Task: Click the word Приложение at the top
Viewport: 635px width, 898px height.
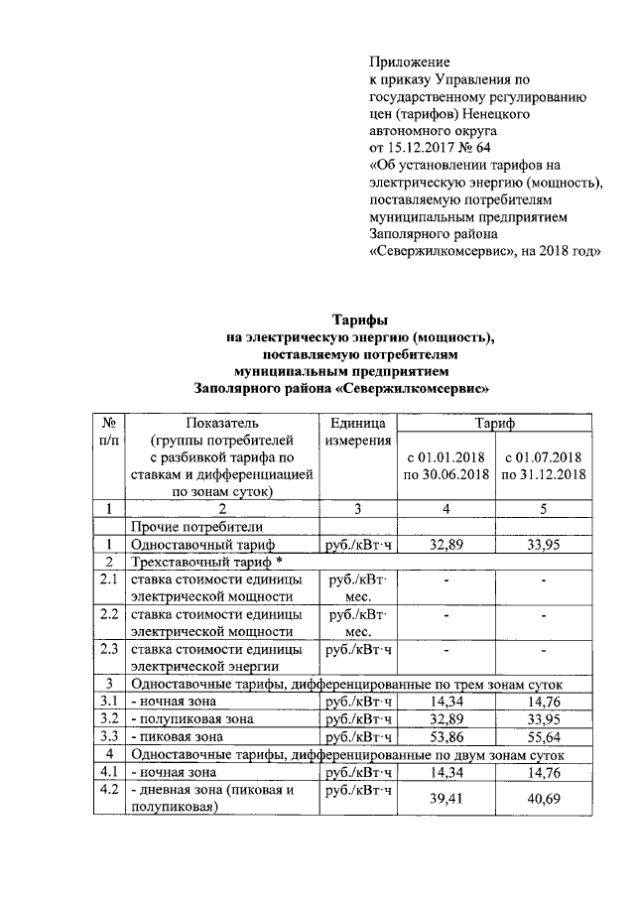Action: pos(409,62)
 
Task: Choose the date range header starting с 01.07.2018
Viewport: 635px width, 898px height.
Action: pos(544,465)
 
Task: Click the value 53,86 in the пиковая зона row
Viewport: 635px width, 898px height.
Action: pos(446,737)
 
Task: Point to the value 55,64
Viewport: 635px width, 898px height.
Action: pos(545,737)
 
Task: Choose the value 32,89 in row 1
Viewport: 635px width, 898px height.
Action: pos(446,545)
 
